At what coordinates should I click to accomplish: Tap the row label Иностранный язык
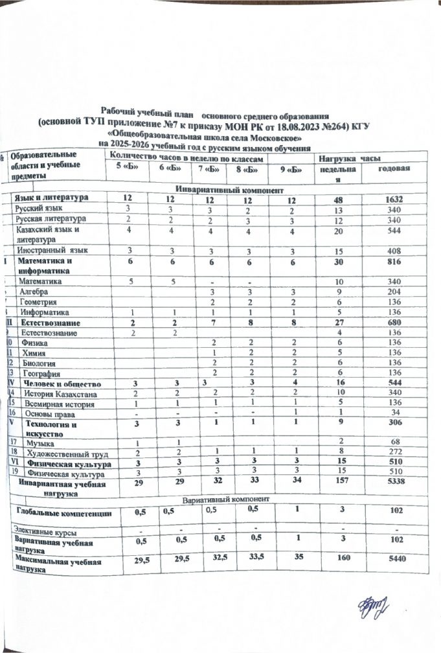(53, 249)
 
